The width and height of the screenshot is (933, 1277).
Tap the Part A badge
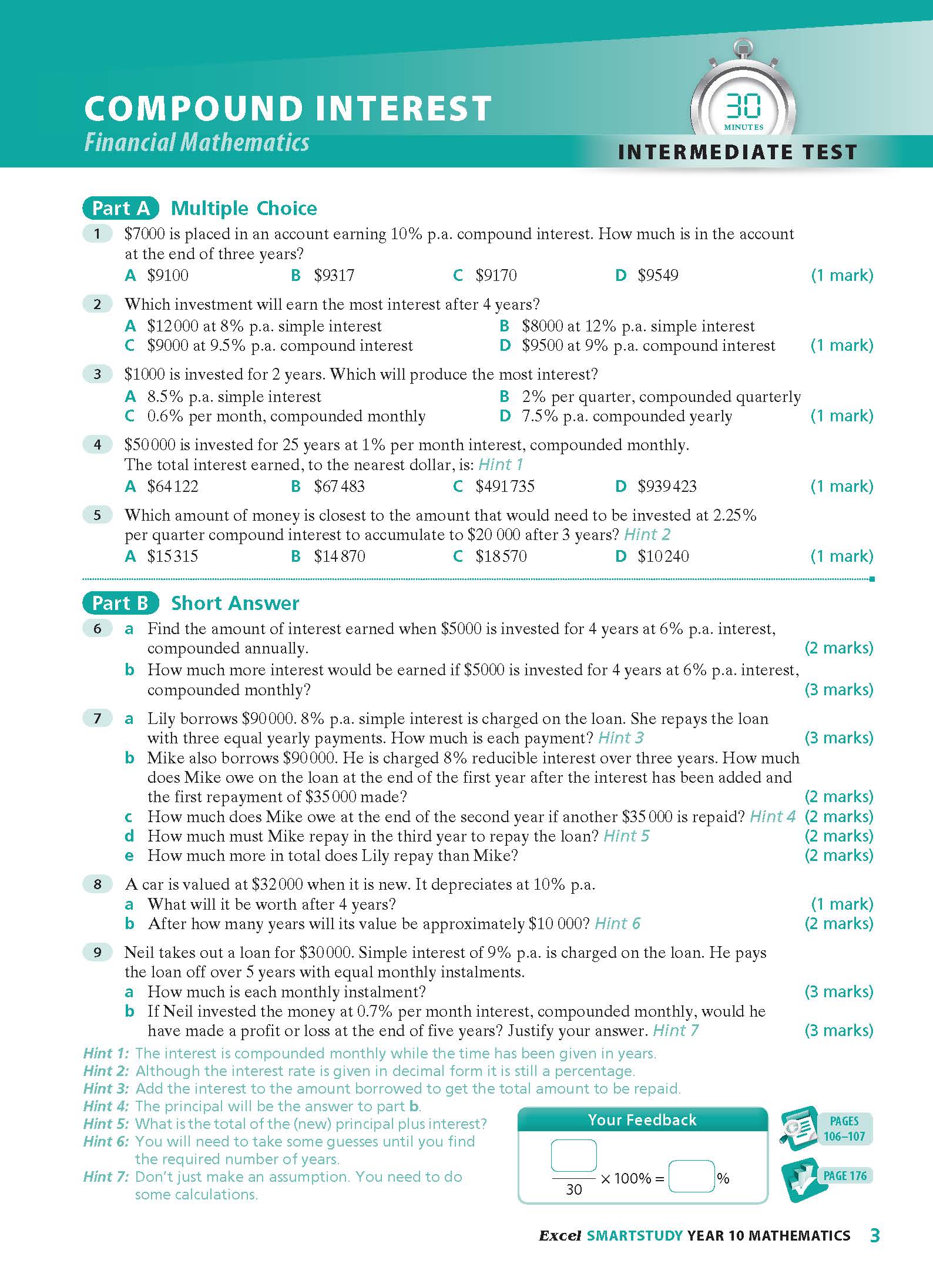click(121, 208)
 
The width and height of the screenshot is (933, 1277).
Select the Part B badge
click(121, 603)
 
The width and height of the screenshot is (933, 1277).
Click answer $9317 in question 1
click(333, 275)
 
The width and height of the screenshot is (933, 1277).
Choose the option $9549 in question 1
click(657, 275)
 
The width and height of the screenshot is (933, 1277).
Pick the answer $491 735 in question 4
click(504, 486)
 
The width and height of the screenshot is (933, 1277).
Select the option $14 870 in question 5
click(339, 556)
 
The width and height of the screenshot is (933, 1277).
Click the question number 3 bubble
click(98, 374)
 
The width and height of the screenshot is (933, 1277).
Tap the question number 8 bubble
click(98, 884)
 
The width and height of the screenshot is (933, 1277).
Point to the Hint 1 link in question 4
click(500, 465)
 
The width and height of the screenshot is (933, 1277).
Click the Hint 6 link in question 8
click(617, 924)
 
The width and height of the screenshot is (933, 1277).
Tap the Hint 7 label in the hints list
click(106, 1177)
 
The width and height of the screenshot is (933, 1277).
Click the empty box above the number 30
click(573, 1155)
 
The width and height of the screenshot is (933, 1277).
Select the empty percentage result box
click(692, 1176)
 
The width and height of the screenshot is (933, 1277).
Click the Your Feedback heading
click(642, 1120)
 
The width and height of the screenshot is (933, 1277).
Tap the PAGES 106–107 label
click(844, 1128)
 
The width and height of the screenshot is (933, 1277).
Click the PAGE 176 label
click(844, 1176)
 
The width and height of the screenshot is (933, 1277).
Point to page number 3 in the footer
click(875, 1235)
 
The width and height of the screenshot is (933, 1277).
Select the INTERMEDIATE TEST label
click(737, 152)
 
